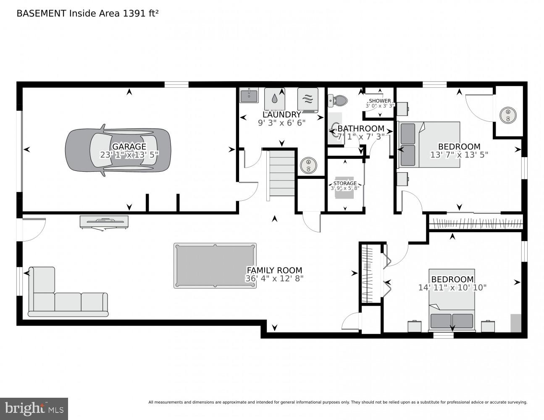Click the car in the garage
pos(118,150)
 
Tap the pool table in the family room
pos(215,265)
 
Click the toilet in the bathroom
pos(338,100)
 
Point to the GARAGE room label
pos(129,147)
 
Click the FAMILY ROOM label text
pos(274,270)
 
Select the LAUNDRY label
pos(281,115)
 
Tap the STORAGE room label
pos(345,184)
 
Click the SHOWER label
pos(380,101)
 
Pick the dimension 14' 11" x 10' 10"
pos(452,288)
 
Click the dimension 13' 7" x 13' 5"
pos(459,155)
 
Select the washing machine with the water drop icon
pos(275,99)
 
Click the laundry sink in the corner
pos(249,95)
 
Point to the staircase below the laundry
pos(281,173)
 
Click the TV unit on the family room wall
pos(104,222)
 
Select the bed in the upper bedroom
pos(429,144)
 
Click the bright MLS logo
pos(34,408)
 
